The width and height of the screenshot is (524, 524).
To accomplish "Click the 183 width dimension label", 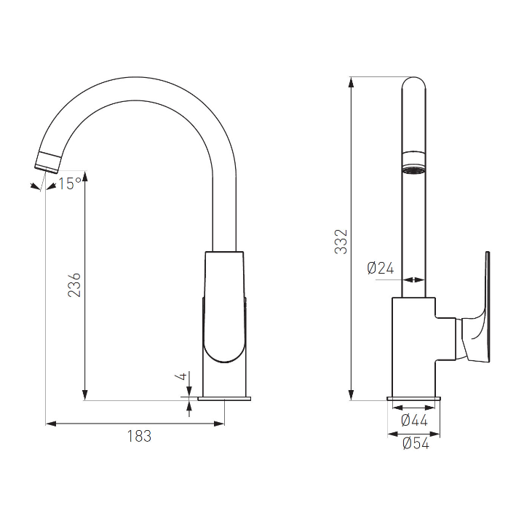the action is pyautogui.click(x=139, y=436).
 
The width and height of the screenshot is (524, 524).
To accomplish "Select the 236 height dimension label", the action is pyautogui.click(x=74, y=285).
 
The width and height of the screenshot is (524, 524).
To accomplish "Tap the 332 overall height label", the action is pyautogui.click(x=341, y=242).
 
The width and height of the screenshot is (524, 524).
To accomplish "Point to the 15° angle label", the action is pyautogui.click(x=70, y=183).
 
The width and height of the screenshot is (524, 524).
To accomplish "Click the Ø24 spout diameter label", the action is pyautogui.click(x=381, y=268).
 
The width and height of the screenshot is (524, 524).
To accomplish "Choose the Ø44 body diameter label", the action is pyautogui.click(x=414, y=421).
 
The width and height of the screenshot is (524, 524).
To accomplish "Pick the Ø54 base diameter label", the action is pyautogui.click(x=416, y=443).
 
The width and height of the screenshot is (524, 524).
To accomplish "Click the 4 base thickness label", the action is pyautogui.click(x=181, y=376).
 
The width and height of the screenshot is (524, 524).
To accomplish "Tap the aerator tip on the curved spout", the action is pyautogui.click(x=49, y=162).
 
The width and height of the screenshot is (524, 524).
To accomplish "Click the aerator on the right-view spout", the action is pyautogui.click(x=413, y=162).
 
